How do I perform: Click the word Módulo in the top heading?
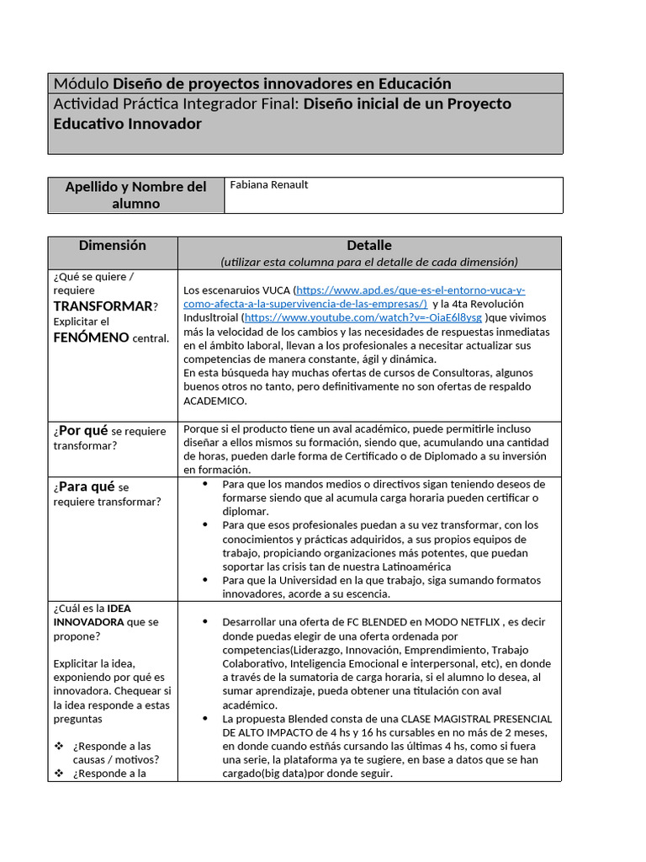[81, 83]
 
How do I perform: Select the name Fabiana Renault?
[269, 185]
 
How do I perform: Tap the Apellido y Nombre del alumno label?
[135, 195]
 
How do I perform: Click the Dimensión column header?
[112, 246]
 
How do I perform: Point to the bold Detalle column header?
[368, 246]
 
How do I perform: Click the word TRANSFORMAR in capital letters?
[103, 306]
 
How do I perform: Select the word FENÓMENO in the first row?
[91, 338]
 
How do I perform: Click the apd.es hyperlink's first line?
[411, 290]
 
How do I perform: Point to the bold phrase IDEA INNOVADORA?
[93, 615]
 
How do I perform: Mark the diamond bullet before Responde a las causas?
[59, 746]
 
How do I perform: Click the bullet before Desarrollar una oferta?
[206, 622]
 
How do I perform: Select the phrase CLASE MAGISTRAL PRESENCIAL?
[476, 719]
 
